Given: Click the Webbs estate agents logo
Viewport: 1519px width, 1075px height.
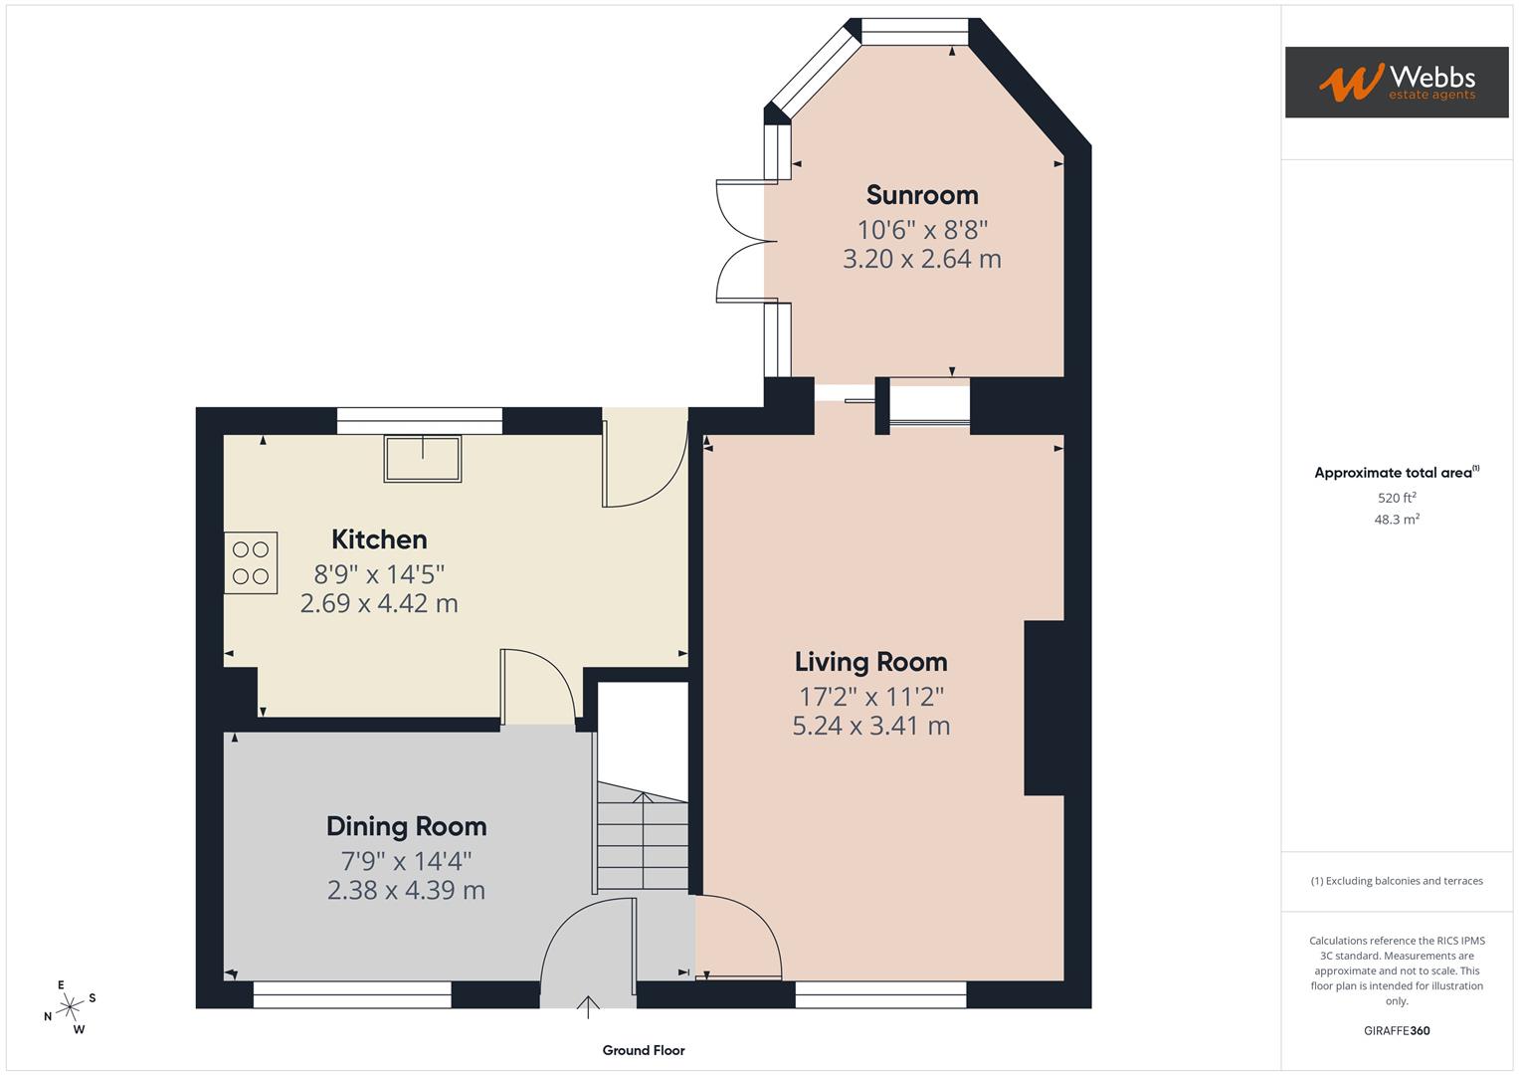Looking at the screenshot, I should click(1396, 82).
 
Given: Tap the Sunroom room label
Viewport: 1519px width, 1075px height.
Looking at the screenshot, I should click(922, 195).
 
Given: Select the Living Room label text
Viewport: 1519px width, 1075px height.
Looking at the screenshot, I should click(870, 662).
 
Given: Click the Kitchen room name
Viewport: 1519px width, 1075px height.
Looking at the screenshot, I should click(379, 539).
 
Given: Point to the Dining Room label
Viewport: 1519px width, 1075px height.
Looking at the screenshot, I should click(406, 826).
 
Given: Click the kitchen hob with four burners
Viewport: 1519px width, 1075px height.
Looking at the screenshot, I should click(251, 563).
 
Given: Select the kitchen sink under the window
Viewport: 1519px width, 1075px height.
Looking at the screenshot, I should click(423, 458).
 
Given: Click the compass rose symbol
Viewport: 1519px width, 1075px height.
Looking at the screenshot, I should click(69, 1007).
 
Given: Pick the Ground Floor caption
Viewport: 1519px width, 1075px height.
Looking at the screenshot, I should click(644, 1050).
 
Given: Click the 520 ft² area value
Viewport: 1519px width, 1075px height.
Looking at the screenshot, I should click(1397, 498).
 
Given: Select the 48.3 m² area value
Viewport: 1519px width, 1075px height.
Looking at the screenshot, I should click(1397, 520).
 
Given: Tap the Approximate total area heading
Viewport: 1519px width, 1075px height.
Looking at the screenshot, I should click(1396, 473).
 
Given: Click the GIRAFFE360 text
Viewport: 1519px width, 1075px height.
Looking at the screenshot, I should click(1397, 1031).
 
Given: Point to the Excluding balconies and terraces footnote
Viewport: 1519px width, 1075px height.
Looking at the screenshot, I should click(1397, 881).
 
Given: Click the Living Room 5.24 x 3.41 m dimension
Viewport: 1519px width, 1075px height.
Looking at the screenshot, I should click(870, 726).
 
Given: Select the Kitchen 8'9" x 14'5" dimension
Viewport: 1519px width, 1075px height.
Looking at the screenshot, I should click(379, 574).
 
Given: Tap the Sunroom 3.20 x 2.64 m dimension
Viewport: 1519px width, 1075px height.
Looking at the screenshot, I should click(922, 259).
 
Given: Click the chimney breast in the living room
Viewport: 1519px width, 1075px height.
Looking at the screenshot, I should click(1044, 708).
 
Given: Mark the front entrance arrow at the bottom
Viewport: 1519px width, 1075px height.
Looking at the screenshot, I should click(588, 1007).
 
